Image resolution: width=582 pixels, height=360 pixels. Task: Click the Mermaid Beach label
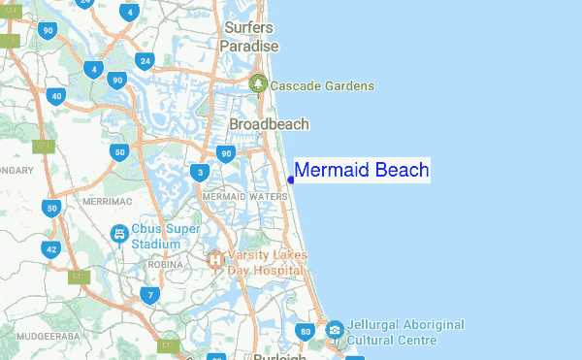point(361,171)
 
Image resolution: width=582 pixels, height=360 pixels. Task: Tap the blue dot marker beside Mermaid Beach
point(291,180)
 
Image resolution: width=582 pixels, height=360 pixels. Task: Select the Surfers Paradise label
point(249,37)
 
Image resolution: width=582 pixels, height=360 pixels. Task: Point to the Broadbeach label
point(269,124)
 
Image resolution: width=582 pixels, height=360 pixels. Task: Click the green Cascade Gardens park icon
point(258,85)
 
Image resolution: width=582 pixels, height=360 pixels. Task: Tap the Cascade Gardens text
point(322,86)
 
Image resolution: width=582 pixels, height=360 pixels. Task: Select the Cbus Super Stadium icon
point(119,234)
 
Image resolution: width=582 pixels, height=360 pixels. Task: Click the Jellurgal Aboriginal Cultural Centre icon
point(335,331)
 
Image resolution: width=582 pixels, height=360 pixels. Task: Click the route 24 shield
point(145,61)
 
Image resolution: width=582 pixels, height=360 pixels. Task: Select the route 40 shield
point(55,96)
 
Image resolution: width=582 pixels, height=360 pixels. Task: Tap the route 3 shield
point(200,174)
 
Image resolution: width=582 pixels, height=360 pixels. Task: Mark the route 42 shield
point(51,249)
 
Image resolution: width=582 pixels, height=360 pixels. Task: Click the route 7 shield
point(149,295)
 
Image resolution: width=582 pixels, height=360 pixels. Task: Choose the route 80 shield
point(307,333)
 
